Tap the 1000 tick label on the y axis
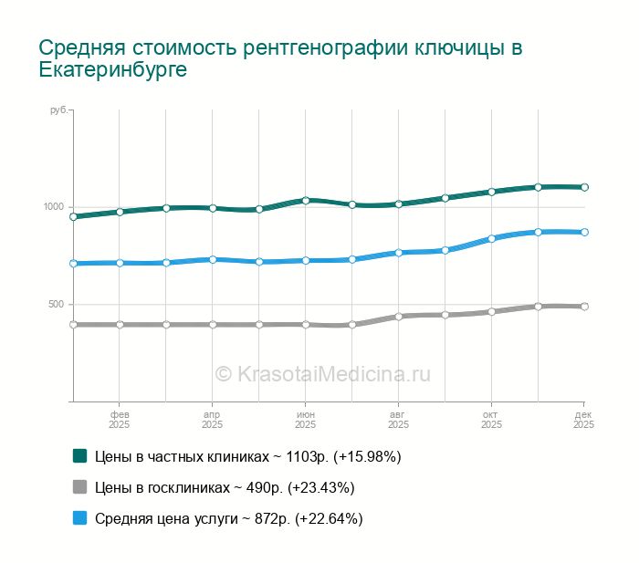click(54, 207)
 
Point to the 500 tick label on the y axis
click(57, 305)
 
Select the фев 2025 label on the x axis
click(119, 420)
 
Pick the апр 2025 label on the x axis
click(212, 420)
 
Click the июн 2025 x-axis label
click(305, 420)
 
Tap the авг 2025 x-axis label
click(398, 420)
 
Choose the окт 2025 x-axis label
click(491, 420)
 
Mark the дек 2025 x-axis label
click(583, 420)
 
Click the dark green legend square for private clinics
click(79, 455)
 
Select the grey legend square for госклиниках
click(79, 486)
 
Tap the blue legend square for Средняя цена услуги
click(79, 517)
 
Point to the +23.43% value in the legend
click(320, 487)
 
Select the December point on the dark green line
click(584, 187)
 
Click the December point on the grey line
click(584, 307)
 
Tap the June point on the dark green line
click(306, 201)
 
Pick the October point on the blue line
click(491, 239)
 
